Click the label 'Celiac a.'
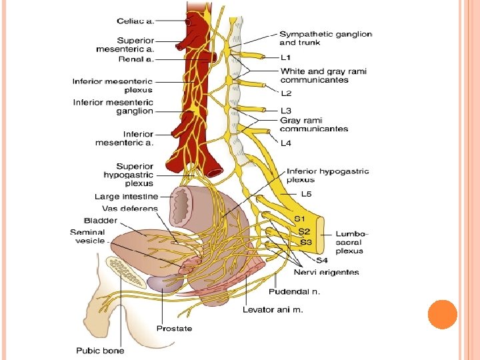[135, 21]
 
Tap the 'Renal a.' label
[136, 59]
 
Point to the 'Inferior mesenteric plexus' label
[113, 86]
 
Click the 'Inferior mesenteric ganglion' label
[113, 107]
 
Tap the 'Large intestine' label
[126, 197]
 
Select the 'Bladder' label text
[101, 220]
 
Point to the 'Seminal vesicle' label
[88, 237]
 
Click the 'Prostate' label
[174, 328]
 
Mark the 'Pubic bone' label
[100, 351]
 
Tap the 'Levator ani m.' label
[273, 309]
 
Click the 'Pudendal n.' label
[294, 291]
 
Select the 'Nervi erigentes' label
[327, 272]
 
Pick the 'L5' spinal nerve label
[307, 194]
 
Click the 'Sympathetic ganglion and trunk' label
[325, 38]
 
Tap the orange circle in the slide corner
[442, 314]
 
